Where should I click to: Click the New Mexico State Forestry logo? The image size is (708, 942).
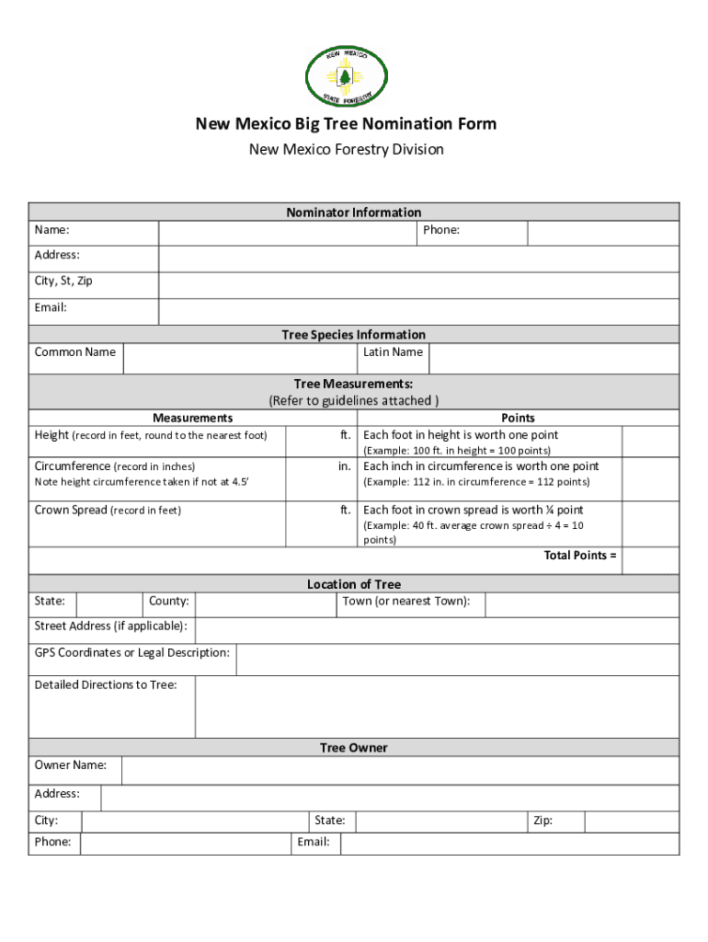pos(346,75)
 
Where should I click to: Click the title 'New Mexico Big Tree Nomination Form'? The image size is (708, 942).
pos(346,124)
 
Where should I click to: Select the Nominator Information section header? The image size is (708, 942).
pos(353,213)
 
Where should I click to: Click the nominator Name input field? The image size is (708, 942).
pos(286,234)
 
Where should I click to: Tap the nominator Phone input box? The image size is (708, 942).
pos(602,234)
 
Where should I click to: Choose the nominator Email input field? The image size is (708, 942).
pos(418,311)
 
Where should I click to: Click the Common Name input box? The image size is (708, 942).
pos(240,359)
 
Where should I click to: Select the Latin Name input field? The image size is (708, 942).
pos(554,359)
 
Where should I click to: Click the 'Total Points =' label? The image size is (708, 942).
pos(580,556)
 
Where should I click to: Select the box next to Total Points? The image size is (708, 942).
pos(651,560)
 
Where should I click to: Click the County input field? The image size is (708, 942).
pos(265,604)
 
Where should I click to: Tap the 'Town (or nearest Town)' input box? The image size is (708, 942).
pos(581,604)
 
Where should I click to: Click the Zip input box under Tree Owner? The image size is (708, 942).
pos(632,821)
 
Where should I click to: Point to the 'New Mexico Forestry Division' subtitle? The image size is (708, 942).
pos(346,149)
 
